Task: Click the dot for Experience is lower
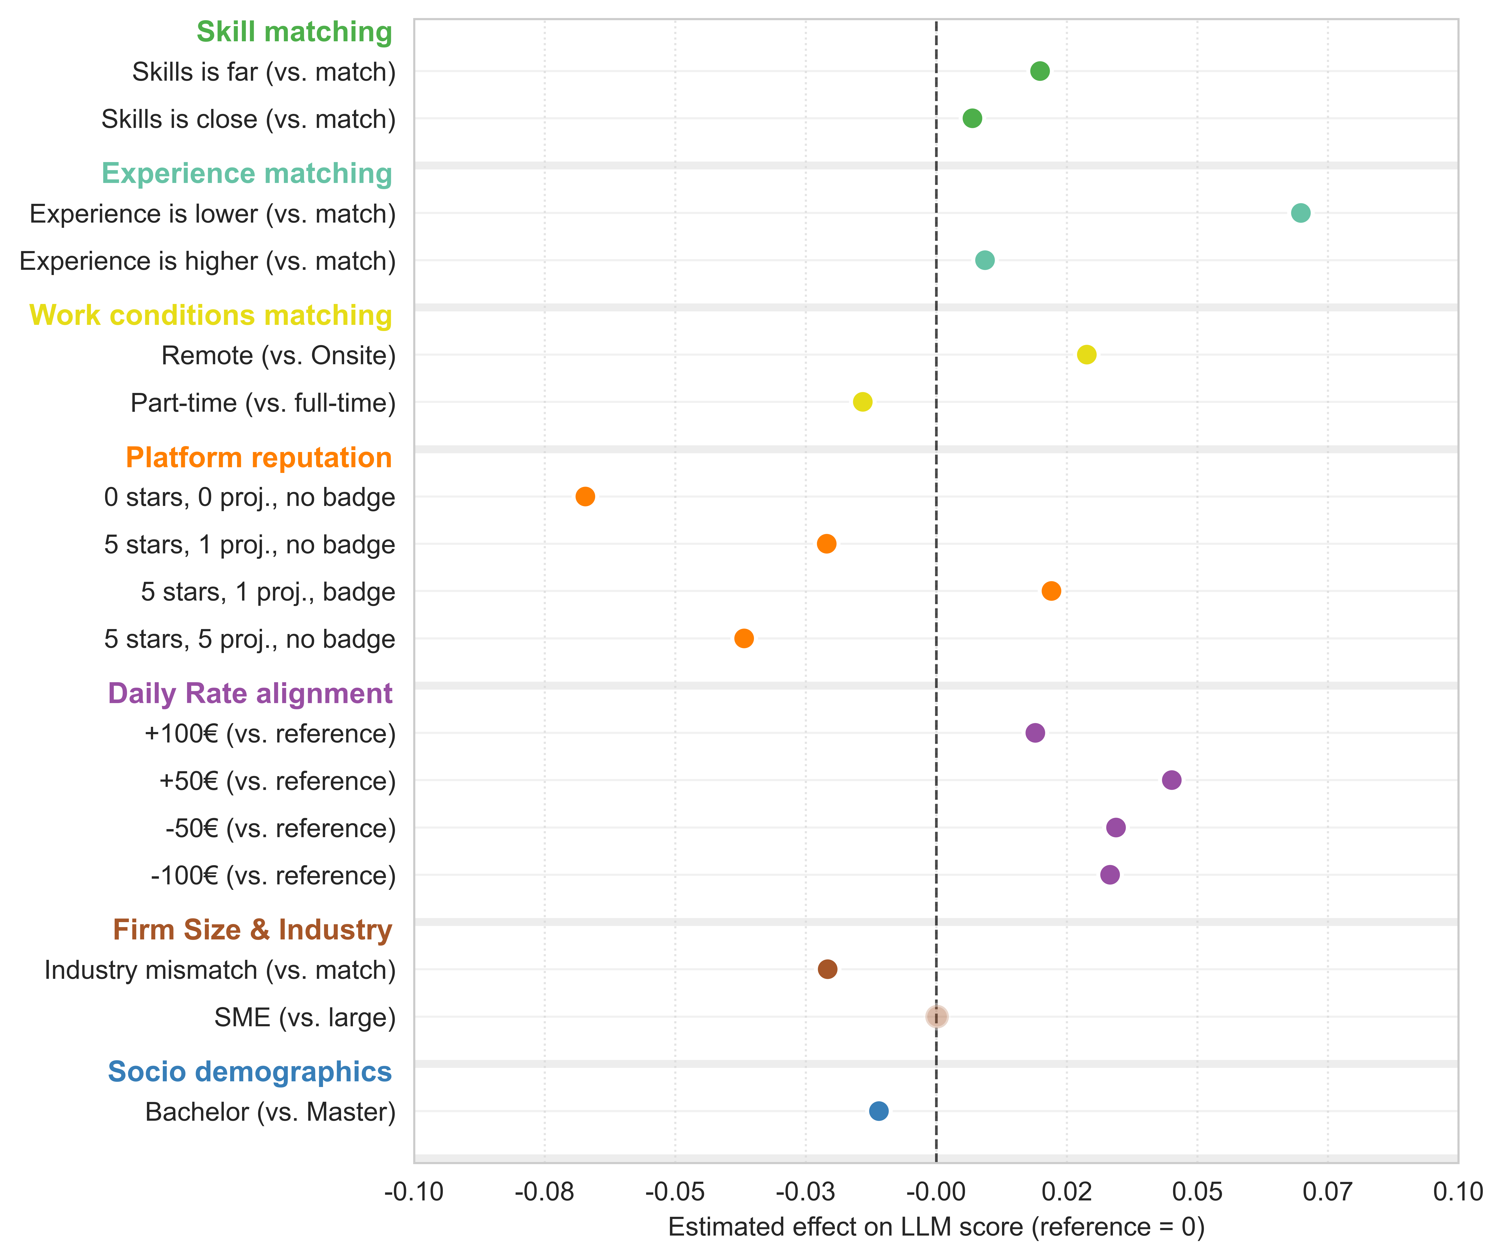coord(1301,213)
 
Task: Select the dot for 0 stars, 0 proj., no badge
coord(585,497)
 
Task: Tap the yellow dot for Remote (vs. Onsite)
coord(1086,354)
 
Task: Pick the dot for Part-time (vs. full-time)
coord(862,402)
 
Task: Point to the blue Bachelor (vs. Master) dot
coord(879,1111)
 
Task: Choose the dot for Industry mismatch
coord(827,969)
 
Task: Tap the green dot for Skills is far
coord(1040,71)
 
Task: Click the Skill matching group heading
coord(294,32)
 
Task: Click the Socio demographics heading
coord(250,1072)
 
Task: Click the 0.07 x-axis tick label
coord(1328,1192)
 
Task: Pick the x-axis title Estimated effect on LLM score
coord(936,1227)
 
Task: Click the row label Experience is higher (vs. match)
coord(208,261)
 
